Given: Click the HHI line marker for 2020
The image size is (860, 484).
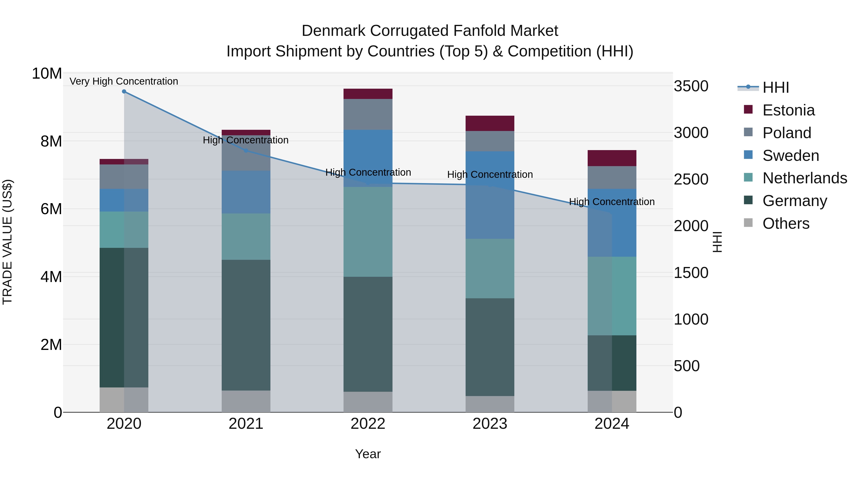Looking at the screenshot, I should (x=124, y=92).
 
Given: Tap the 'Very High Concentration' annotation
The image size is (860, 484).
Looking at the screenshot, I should (x=124, y=81).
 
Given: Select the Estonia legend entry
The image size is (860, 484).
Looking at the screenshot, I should (x=788, y=110).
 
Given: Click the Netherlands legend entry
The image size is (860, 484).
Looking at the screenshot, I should (x=804, y=178).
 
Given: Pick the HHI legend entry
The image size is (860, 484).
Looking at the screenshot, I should (x=775, y=87).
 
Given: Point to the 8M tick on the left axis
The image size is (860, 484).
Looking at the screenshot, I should (x=51, y=141).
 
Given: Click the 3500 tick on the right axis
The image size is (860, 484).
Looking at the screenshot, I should (x=691, y=86).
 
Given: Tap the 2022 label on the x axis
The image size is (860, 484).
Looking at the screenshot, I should (x=368, y=424).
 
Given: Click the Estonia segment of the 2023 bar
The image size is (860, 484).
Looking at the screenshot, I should (x=490, y=123).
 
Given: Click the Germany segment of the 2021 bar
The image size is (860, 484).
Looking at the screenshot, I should (x=246, y=325).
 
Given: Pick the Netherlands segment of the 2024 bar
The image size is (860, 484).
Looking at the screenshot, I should (x=612, y=296).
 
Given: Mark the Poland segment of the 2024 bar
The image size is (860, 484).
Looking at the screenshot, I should (x=612, y=177).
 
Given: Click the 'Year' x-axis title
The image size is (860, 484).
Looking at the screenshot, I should (x=368, y=454).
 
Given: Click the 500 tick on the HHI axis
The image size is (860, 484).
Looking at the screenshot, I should (x=686, y=366).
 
